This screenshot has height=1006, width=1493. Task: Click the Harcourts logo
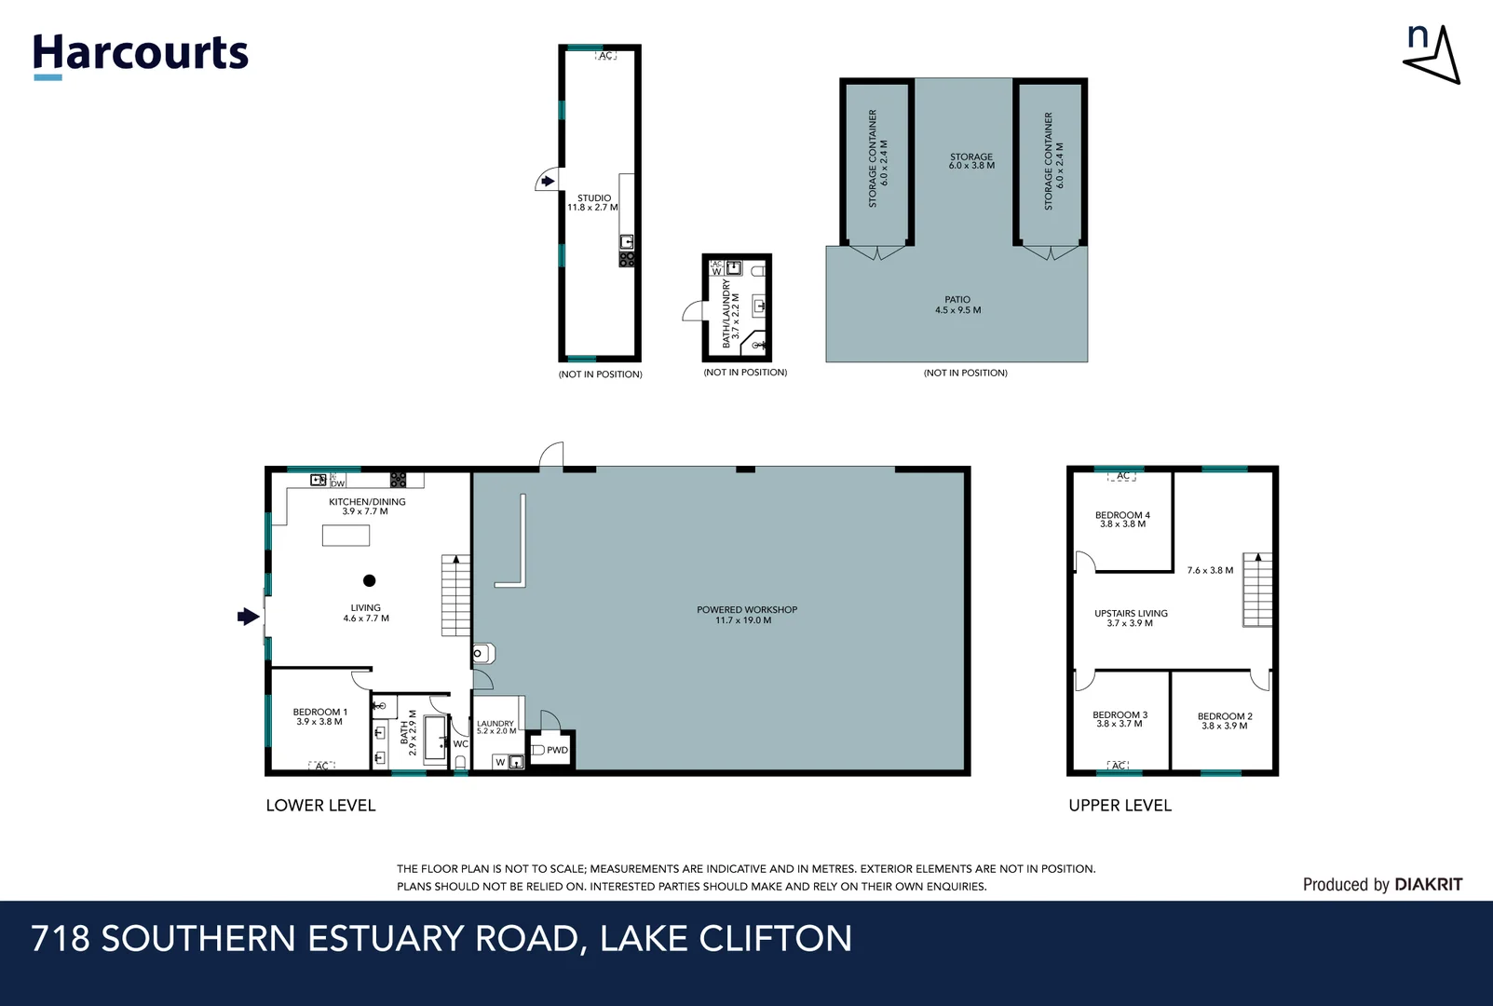click(x=141, y=54)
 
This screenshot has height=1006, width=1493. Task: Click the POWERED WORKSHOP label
click(x=747, y=615)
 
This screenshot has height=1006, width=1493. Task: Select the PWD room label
click(x=557, y=750)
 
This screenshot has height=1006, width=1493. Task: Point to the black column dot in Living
click(x=369, y=580)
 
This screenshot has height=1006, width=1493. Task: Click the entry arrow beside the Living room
click(x=248, y=616)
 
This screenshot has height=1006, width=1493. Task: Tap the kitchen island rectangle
click(x=346, y=535)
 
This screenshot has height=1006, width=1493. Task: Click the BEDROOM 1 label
click(x=319, y=716)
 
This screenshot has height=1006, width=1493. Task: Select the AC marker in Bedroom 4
click(x=1122, y=476)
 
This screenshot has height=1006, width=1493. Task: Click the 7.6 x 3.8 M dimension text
click(x=1210, y=570)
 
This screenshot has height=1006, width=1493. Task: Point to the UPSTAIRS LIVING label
click(x=1131, y=618)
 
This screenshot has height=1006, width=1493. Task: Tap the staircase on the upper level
click(x=1257, y=591)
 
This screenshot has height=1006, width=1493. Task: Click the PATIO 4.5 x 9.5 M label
click(x=957, y=305)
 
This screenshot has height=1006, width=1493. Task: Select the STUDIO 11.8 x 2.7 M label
click(x=593, y=202)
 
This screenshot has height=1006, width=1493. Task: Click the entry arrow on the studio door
click(x=549, y=181)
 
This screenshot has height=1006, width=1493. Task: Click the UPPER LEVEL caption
click(x=1120, y=805)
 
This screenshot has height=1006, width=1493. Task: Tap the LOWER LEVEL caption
click(x=320, y=805)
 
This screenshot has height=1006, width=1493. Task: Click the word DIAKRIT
click(x=1428, y=884)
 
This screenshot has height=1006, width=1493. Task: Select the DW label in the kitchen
click(x=337, y=483)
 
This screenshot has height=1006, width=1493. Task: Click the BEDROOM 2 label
click(x=1225, y=720)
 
